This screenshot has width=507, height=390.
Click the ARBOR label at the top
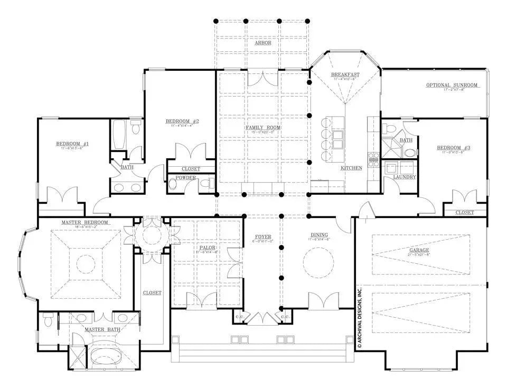262,43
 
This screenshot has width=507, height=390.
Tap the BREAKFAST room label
345,74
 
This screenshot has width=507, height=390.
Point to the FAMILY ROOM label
262,128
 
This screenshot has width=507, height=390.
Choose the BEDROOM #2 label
182,121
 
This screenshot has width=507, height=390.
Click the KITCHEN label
351,168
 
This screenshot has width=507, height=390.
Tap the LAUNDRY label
405,177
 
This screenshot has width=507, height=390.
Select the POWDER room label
186,178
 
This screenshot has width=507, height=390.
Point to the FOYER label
262,237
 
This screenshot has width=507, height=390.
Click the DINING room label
319,235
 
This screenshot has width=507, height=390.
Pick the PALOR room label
206,247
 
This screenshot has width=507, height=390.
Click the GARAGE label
419,250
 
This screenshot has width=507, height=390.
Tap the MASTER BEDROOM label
84,222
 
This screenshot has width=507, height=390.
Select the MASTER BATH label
102,329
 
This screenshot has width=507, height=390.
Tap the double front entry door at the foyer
262,318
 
